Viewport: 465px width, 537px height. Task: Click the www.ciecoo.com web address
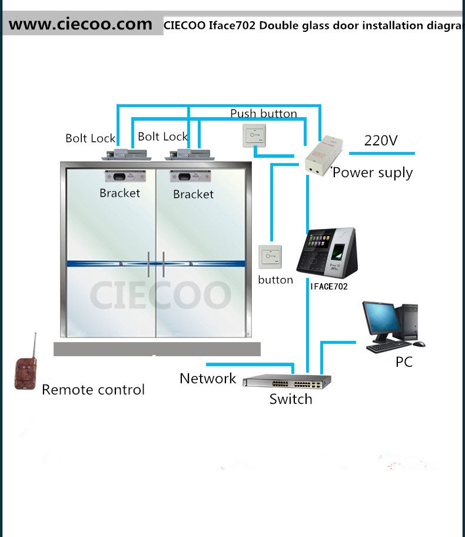coord(81,24)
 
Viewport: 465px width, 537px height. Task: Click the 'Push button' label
coord(263,114)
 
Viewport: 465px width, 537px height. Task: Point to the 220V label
coord(381,141)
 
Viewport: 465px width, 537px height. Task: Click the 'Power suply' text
coord(373,173)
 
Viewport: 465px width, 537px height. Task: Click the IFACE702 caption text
coord(328,287)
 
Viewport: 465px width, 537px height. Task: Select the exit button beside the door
coord(270,257)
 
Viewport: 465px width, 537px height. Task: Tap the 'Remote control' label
coord(93,389)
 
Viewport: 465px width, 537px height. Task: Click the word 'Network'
coord(208,379)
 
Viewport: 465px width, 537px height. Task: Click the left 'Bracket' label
coord(120,193)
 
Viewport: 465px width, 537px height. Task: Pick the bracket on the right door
coord(190,176)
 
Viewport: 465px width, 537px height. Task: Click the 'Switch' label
coord(291,399)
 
